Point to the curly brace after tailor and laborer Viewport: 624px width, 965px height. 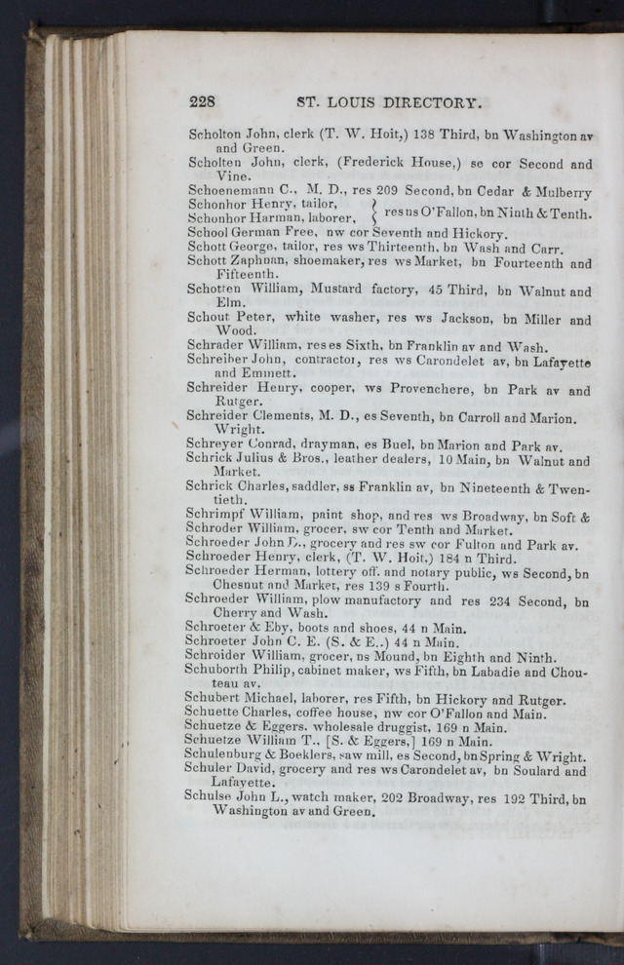click(374, 212)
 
